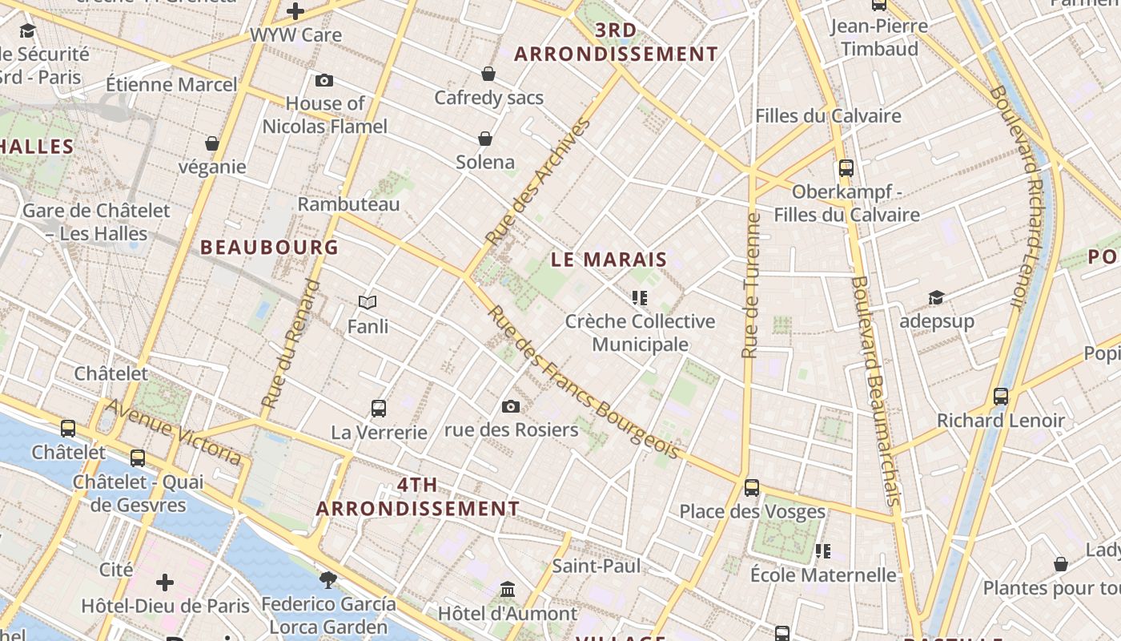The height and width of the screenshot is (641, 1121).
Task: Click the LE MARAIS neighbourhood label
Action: pos(609,260)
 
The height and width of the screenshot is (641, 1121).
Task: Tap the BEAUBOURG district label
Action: pos(270,248)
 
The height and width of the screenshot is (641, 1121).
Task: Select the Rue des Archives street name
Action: pos(538,183)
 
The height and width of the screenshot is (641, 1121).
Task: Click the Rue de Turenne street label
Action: pos(750,285)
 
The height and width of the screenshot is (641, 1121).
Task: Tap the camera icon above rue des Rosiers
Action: pos(511,407)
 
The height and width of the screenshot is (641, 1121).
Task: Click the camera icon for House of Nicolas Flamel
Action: pos(324,80)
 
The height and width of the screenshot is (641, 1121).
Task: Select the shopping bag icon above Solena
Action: pos(485,139)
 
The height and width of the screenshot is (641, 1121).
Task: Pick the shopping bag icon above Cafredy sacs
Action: pos(488,75)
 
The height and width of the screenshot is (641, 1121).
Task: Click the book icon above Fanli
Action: pos(368,303)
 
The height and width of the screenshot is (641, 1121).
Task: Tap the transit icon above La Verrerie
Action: pos(379,409)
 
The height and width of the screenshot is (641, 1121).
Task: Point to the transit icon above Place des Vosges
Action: pos(751,487)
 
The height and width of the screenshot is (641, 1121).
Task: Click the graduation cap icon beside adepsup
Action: pos(936,298)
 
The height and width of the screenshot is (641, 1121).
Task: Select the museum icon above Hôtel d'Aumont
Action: pos(508,590)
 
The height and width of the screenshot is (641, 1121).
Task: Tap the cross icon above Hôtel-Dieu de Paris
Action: pos(165,582)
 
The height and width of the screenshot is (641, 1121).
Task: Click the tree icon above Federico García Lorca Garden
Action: pos(327,579)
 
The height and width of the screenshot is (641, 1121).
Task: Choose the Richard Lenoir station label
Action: pos(1001,421)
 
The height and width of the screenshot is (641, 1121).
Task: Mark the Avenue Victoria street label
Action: pos(174,432)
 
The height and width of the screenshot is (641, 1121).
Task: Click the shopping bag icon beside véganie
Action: pos(212,143)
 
